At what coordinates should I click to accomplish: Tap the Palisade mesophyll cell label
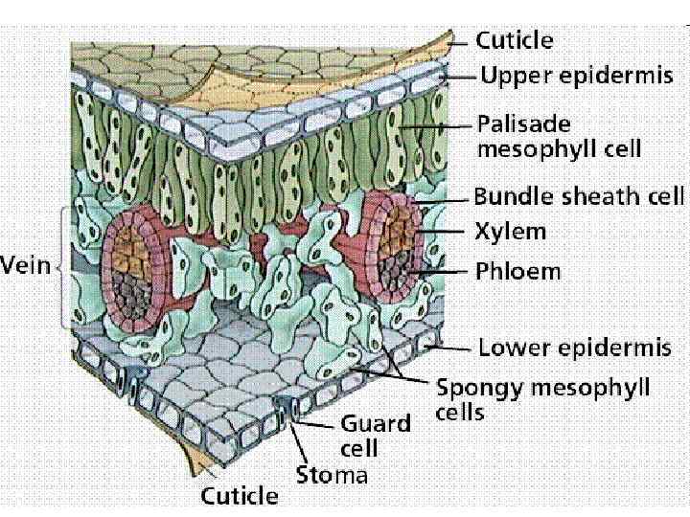(x=559, y=137)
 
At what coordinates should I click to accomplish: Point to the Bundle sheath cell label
(x=579, y=197)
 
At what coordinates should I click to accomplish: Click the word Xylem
(x=511, y=232)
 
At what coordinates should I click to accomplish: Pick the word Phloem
(x=518, y=270)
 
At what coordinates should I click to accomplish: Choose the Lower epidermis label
(x=575, y=347)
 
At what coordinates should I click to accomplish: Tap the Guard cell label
(x=375, y=435)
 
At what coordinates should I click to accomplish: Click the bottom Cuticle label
(x=239, y=496)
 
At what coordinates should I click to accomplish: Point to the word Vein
(x=26, y=265)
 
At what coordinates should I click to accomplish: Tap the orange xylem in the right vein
(x=397, y=231)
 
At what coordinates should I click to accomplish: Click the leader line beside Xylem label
(x=443, y=232)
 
